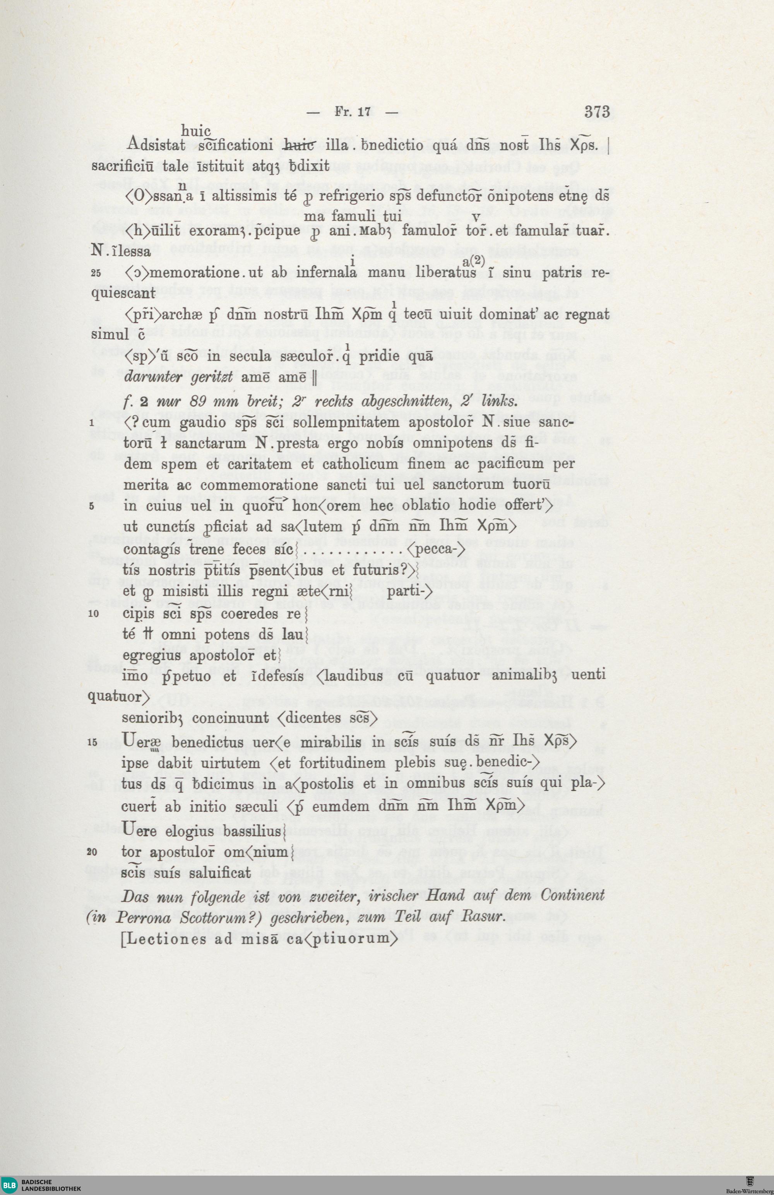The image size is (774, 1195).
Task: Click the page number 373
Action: [597, 111]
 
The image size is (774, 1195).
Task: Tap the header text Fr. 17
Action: [353, 112]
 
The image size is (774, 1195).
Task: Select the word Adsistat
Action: [156, 145]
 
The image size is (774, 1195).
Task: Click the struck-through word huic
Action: [299, 146]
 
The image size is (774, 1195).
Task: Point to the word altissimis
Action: [244, 196]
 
